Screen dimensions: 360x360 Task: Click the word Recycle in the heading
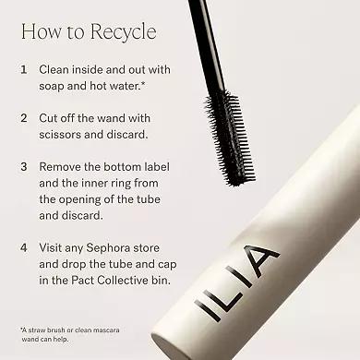click(124, 32)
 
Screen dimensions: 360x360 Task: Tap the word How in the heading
click(42, 31)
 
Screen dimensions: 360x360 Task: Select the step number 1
click(23, 69)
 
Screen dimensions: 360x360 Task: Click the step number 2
click(24, 118)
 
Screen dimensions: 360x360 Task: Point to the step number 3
click(24, 167)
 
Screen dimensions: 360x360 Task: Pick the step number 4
click(24, 247)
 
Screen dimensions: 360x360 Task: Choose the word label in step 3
click(157, 167)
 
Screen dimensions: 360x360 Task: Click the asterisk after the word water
click(142, 83)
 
